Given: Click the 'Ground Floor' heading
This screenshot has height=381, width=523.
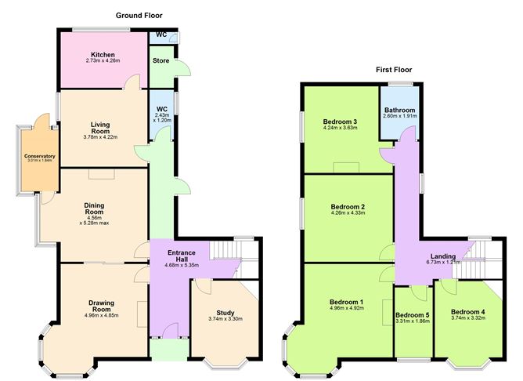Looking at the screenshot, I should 139,15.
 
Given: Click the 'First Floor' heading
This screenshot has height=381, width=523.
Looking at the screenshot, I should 393,70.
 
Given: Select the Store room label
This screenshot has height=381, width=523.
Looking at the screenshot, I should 161,60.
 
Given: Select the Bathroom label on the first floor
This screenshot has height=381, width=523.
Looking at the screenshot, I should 399,111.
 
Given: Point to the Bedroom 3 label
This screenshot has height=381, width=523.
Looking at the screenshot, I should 340,122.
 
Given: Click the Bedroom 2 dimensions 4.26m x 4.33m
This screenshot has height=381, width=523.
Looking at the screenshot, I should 348,213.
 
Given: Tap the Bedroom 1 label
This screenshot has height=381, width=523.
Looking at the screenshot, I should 346,302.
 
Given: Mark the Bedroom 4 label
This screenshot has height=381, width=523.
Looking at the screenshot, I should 467,311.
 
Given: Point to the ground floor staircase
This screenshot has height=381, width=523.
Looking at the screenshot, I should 235,254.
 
